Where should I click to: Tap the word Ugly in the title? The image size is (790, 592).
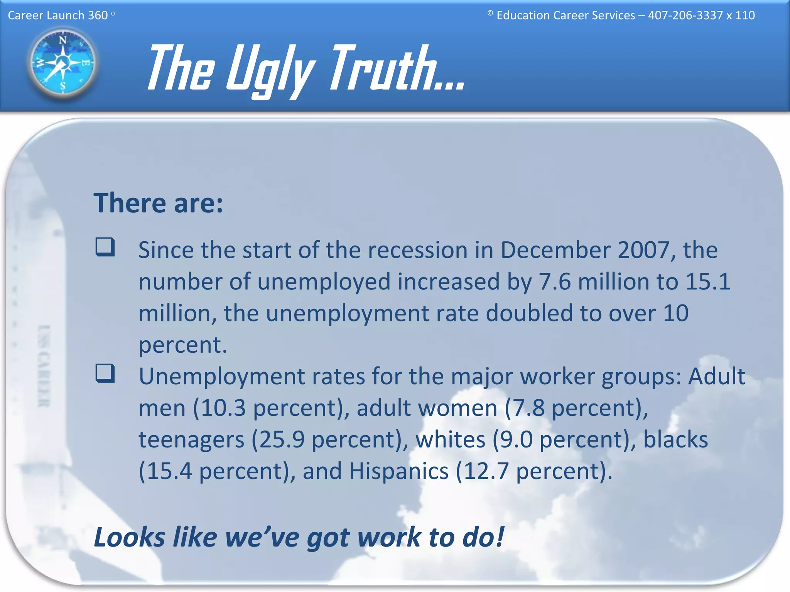(270, 69)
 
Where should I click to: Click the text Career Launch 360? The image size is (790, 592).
(58, 15)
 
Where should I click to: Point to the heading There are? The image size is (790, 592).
(158, 203)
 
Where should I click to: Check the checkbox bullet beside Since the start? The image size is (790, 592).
(105, 247)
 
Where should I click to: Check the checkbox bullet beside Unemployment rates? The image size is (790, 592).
(105, 373)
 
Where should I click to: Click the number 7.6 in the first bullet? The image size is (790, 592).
(554, 281)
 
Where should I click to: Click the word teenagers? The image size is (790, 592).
(191, 439)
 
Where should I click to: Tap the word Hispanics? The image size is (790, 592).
(399, 471)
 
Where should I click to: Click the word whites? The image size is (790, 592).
(450, 439)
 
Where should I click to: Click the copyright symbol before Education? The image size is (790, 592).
(490, 13)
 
